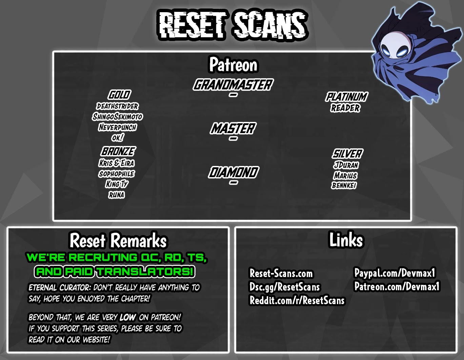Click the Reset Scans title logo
[x=233, y=24]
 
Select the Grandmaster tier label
[x=233, y=85]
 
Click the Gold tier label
[x=119, y=95]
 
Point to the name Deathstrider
[x=117, y=106]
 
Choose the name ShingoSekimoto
[x=117, y=117]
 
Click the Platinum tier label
[x=346, y=97]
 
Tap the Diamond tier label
[x=233, y=172]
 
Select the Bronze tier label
[x=118, y=151]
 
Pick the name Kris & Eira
[x=117, y=163]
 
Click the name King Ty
[x=117, y=184]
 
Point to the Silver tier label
[x=347, y=154]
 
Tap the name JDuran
[x=346, y=165]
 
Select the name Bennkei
[x=344, y=185]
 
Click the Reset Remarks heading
[x=118, y=240]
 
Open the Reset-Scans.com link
[x=281, y=273]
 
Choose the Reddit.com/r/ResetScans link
[x=297, y=300]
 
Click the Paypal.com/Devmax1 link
[x=395, y=273]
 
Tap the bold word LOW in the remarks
[x=127, y=317]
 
